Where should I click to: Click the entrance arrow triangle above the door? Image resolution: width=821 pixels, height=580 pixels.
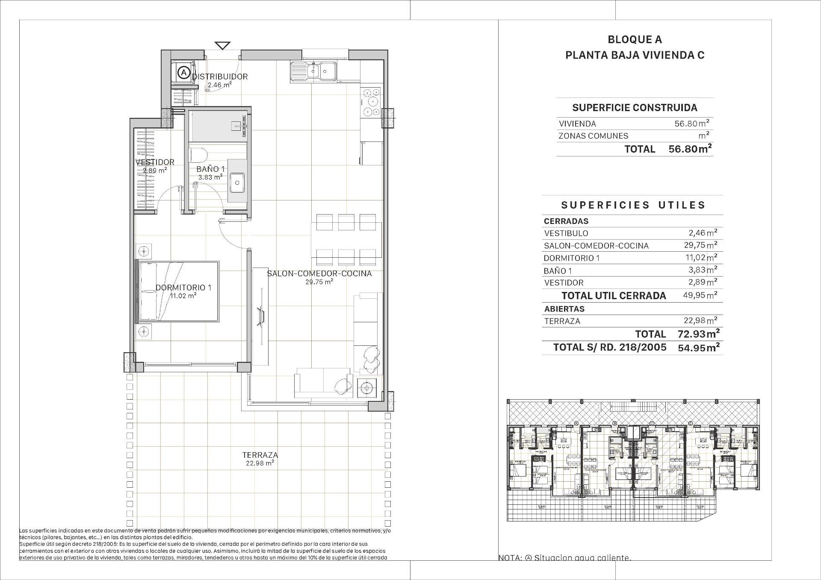[223, 45]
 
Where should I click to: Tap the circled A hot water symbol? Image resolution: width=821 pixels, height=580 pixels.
[183, 72]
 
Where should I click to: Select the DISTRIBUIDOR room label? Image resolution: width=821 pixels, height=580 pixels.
[220, 77]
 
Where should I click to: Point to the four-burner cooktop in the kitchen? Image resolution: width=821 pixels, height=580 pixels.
[371, 102]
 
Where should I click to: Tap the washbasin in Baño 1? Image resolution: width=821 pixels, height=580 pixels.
[237, 182]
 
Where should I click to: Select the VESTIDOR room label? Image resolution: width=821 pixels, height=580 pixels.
[155, 162]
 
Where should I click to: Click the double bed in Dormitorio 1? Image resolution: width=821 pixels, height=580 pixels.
[177, 291]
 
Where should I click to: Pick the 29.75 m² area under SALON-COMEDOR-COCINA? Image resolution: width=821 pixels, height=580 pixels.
[319, 282]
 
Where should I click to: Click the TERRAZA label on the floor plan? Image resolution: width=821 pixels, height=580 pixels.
[260, 455]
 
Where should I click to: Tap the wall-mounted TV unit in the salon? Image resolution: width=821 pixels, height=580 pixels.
[260, 316]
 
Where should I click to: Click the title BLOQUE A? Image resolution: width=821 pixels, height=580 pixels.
[635, 39]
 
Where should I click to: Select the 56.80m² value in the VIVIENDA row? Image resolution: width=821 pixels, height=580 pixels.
[691, 124]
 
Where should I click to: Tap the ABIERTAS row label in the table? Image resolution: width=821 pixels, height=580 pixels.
[564, 309]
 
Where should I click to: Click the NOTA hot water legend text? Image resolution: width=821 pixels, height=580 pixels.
[564, 558]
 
